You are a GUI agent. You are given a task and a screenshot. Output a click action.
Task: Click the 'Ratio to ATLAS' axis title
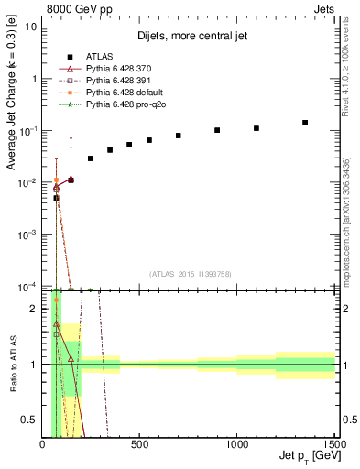[13, 365]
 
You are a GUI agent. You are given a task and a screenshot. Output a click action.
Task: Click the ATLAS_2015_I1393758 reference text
[190, 274]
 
